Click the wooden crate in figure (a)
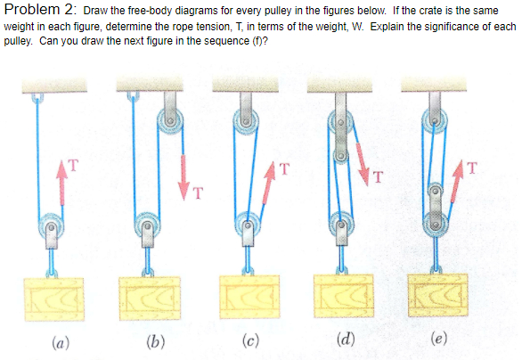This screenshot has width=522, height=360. tap(56, 299)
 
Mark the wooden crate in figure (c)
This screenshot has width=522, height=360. tap(248, 299)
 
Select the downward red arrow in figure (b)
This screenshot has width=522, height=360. tap(189, 169)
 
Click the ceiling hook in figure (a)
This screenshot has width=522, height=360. tap(37, 96)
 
